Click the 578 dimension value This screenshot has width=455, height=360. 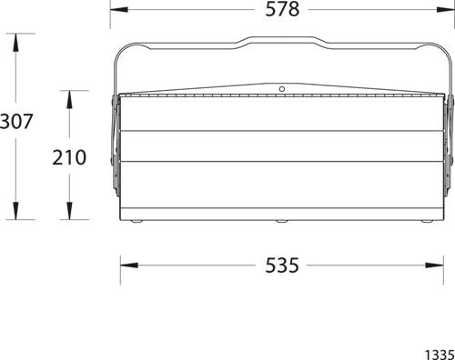click(x=282, y=9)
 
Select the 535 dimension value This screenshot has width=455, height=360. click(x=282, y=265)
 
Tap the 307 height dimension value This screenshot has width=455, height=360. click(x=15, y=121)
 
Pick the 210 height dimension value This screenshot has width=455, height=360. click(x=69, y=157)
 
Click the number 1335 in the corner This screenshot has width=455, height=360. click(x=440, y=355)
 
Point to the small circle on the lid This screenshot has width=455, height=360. click(x=282, y=89)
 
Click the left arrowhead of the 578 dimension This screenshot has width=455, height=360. click(x=119, y=9)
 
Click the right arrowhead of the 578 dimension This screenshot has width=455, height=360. click(x=446, y=9)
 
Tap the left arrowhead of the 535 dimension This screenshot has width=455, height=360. click(x=129, y=265)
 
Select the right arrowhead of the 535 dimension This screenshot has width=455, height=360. click(x=434, y=265)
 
